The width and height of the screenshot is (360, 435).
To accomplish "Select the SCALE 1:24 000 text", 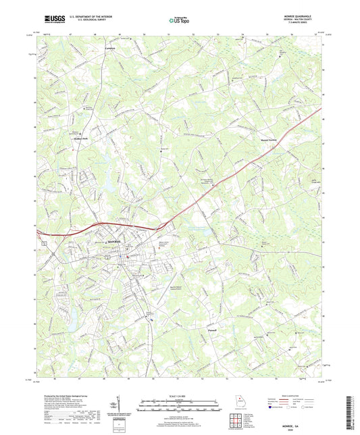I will point(179,396).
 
